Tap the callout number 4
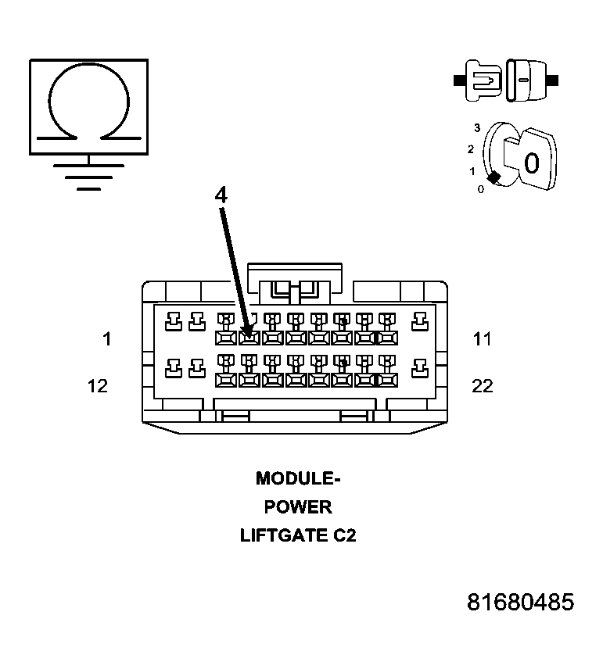point(221,195)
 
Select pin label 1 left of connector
point(106,339)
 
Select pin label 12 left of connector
point(98,386)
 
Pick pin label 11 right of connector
point(483,339)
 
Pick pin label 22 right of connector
point(483,386)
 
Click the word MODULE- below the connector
point(298,478)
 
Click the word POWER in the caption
point(298,507)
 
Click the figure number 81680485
point(521,603)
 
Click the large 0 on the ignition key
point(532,163)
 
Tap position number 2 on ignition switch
point(471,148)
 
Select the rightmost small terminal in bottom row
point(419,366)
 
